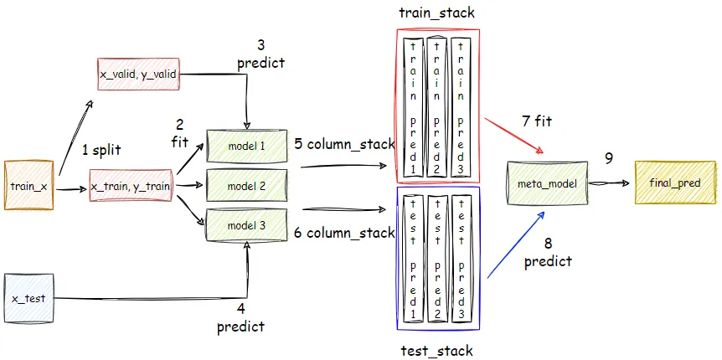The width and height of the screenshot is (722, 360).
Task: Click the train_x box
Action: pos(28,184)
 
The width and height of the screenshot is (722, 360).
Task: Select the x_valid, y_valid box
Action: pos(137,75)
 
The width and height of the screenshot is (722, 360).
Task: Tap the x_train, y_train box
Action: pos(131,185)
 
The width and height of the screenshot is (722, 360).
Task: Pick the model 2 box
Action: pos(246,185)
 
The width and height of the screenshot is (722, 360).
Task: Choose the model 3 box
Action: pos(246,224)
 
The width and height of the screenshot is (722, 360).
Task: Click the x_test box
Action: pos(28,298)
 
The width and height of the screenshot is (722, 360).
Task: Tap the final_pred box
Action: pos(675,182)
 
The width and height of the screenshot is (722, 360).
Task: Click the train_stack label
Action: pos(437,13)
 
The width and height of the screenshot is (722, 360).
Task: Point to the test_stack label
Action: pos(437,350)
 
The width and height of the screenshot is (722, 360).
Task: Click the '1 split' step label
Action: pos(101,151)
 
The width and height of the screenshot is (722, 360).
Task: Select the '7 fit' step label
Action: pos(537,121)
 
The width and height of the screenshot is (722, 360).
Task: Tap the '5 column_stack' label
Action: pos(344,143)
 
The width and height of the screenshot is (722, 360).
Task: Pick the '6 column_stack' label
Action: pos(344,232)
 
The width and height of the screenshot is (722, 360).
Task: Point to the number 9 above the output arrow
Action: pos(610,157)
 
